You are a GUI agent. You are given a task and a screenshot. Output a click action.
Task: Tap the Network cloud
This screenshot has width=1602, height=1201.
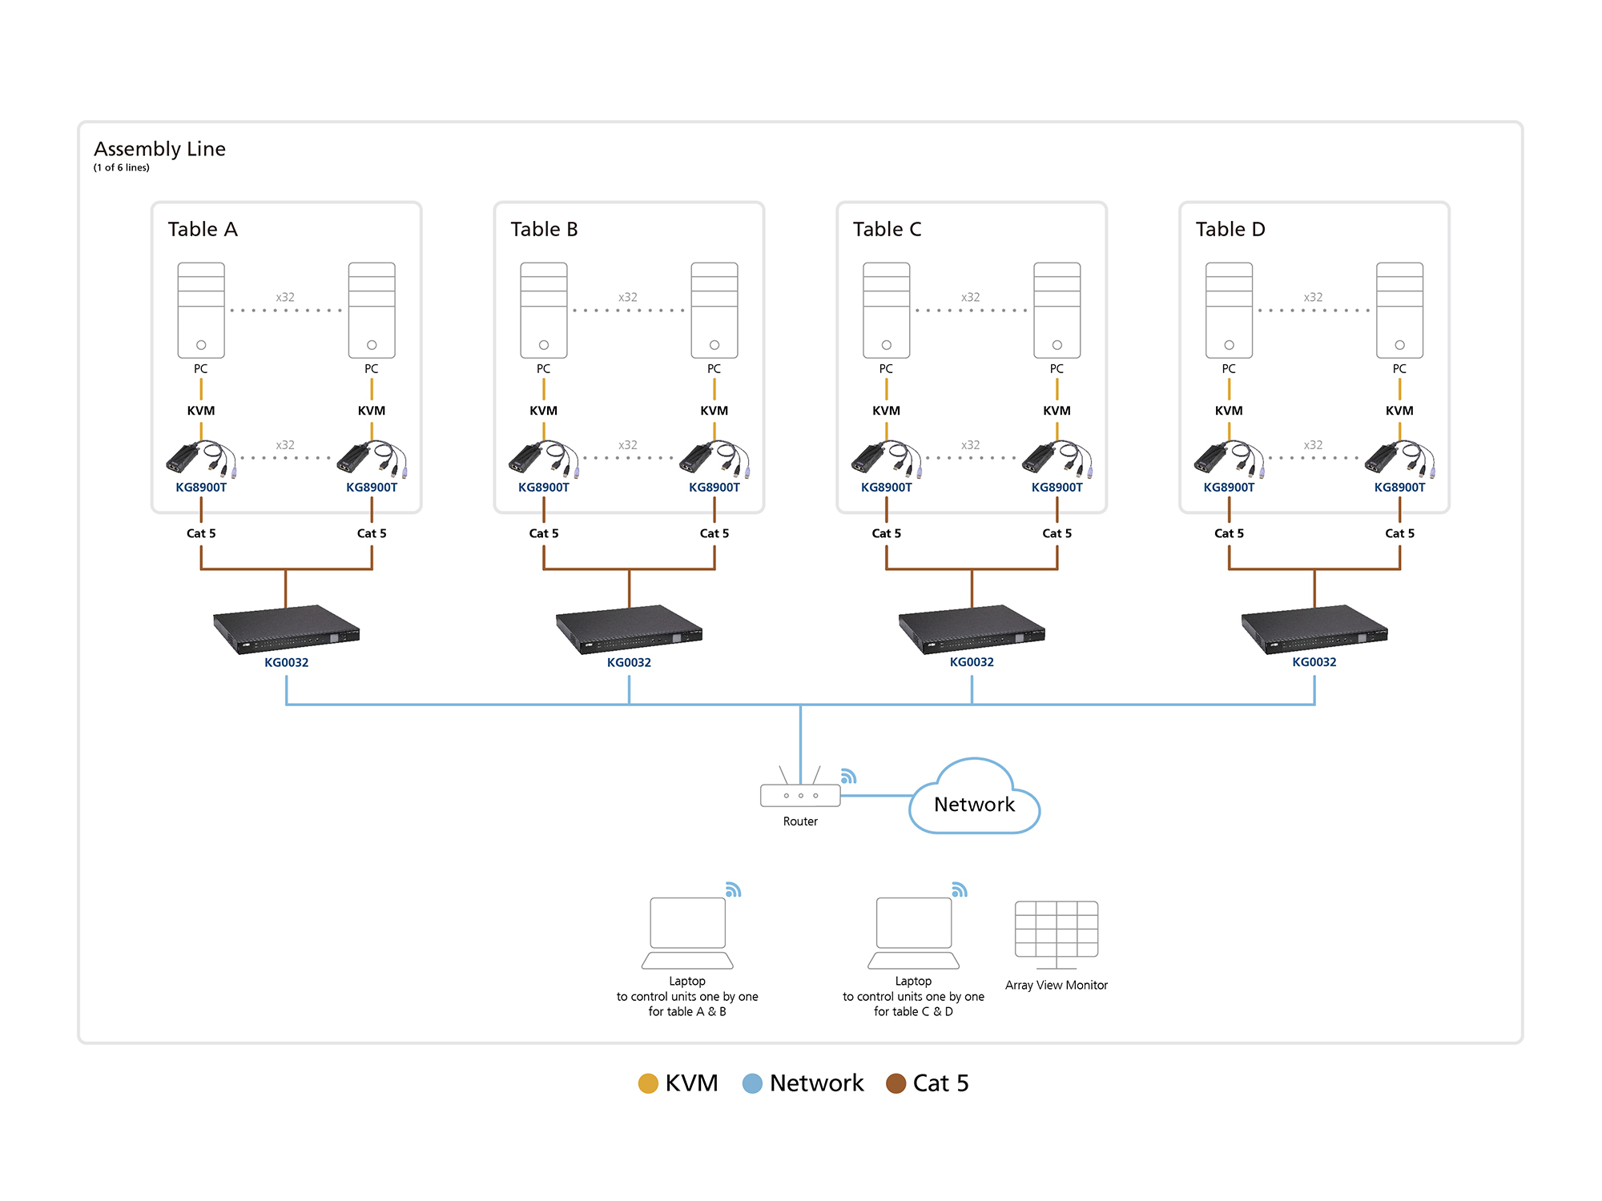[x=974, y=801]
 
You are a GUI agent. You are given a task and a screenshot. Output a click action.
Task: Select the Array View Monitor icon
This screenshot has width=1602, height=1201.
[x=1056, y=930]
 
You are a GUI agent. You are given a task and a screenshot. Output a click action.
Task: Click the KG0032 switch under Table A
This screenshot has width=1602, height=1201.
[x=286, y=629]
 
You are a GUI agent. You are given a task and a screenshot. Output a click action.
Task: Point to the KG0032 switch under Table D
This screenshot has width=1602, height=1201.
[x=1314, y=629]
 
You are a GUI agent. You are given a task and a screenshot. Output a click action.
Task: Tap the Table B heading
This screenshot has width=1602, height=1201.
[x=544, y=229]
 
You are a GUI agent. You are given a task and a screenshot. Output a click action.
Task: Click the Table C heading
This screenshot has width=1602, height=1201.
[x=887, y=229]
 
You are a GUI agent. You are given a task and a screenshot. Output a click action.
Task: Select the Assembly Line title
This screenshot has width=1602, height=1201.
[x=159, y=149]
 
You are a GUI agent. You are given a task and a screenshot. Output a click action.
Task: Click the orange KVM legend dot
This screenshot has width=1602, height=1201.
[x=648, y=1083]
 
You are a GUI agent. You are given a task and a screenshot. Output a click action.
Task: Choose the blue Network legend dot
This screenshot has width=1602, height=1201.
[x=752, y=1083]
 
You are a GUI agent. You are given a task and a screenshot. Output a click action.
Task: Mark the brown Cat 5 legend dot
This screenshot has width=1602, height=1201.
[x=896, y=1083]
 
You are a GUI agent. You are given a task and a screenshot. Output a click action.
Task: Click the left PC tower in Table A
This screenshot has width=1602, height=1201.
[x=201, y=311]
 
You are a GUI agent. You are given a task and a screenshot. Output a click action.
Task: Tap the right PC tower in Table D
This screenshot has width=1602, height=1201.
[x=1399, y=311]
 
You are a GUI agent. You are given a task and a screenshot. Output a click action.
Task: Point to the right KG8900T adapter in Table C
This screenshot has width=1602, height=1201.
[x=1057, y=459]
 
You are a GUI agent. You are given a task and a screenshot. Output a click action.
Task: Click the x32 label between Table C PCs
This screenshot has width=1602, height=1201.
[x=970, y=297]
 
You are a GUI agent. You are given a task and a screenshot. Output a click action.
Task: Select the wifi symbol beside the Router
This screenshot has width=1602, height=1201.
[x=848, y=776]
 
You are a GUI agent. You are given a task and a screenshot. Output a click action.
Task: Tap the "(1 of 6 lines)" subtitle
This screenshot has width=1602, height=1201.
[x=122, y=167]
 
